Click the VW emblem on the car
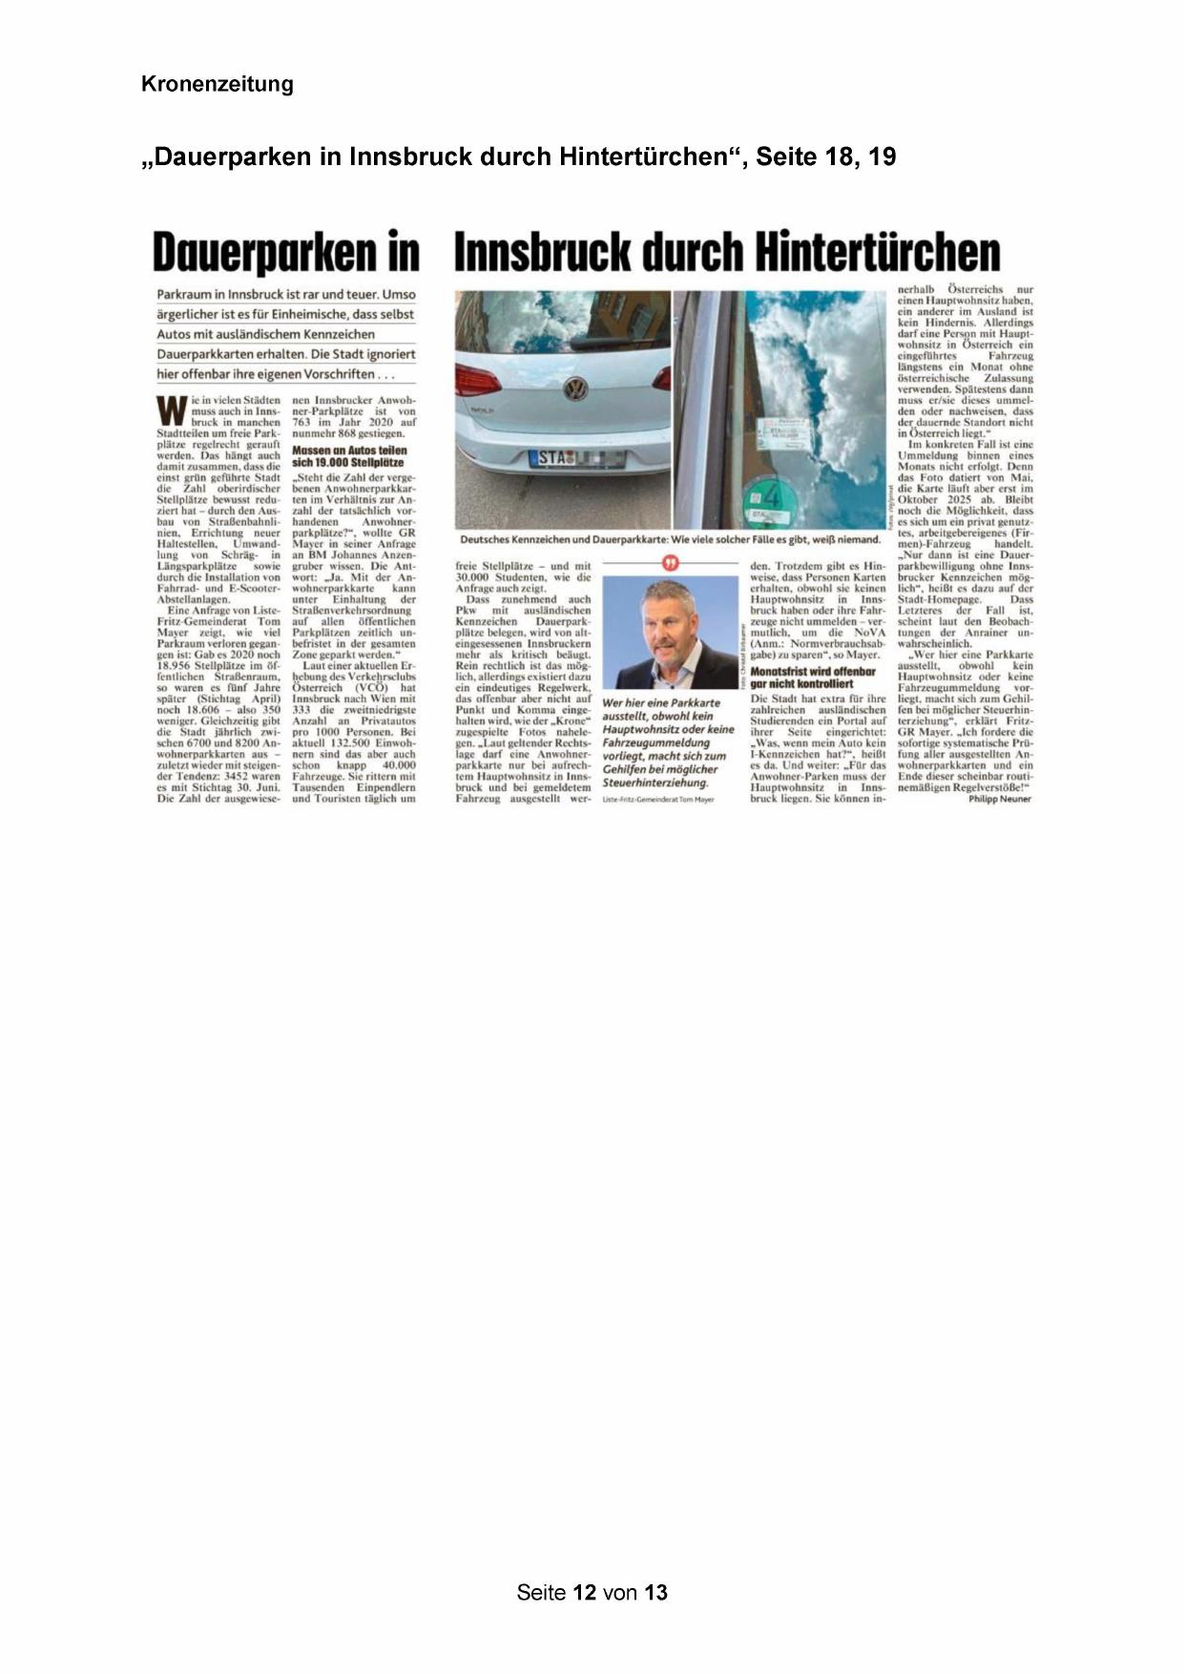(574, 388)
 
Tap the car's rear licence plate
(576, 458)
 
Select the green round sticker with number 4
(773, 496)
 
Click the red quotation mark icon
(671, 564)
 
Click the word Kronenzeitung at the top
(218, 84)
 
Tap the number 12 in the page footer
(584, 1592)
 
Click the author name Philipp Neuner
(999, 799)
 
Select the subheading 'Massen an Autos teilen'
(349, 450)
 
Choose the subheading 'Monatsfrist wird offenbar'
(813, 671)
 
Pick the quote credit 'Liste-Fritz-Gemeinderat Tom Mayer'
(658, 799)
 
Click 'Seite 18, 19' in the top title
(825, 157)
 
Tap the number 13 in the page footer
(655, 1592)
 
